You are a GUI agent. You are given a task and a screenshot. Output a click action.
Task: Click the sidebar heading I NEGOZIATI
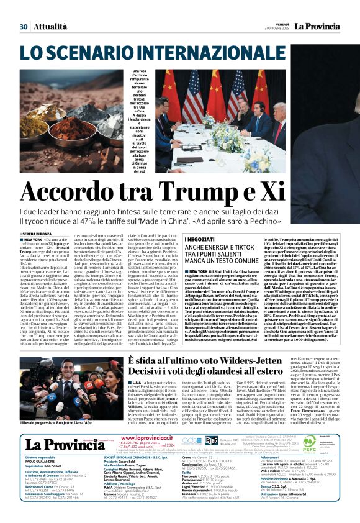200,239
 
